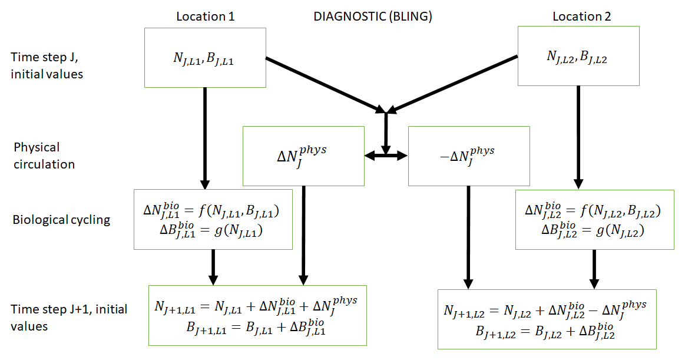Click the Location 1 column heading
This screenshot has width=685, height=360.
pyautogui.click(x=205, y=16)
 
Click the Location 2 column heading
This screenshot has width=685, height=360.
pyautogui.click(x=581, y=16)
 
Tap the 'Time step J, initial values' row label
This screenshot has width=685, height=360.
pyautogui.click(x=47, y=65)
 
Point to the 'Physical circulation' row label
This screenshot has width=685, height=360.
pyautogui.click(x=44, y=156)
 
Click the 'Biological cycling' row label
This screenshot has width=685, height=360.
pyautogui.click(x=61, y=220)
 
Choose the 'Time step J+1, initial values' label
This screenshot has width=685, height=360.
pyautogui.click(x=69, y=317)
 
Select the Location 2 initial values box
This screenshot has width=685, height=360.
pyautogui.click(x=578, y=56)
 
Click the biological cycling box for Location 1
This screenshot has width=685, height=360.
pyautogui.click(x=213, y=219)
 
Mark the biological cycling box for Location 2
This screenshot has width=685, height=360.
pyautogui.click(x=594, y=219)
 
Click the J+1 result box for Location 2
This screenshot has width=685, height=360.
pyautogui.click(x=547, y=319)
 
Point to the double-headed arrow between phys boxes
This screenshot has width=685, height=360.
pyautogui.click(x=386, y=156)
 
